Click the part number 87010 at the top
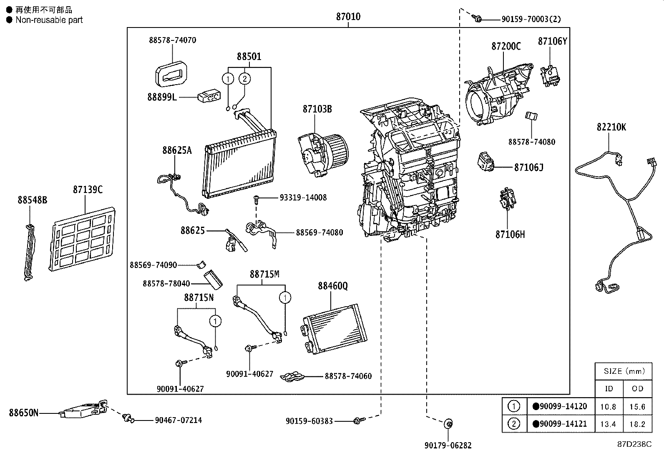pos(348,17)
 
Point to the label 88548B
pos(32,200)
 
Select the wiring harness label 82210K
pos(611,127)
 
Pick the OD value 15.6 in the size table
pos(637,407)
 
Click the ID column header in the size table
pos(609,389)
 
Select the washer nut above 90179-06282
pos(448,424)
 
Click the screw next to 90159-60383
pos(357,421)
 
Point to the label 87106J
pos(528,168)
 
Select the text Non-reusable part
pos(49,20)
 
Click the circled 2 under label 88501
pos(245,78)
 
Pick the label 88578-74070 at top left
pos(172,40)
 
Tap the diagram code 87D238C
pos(634,444)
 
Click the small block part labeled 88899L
pos(209,97)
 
